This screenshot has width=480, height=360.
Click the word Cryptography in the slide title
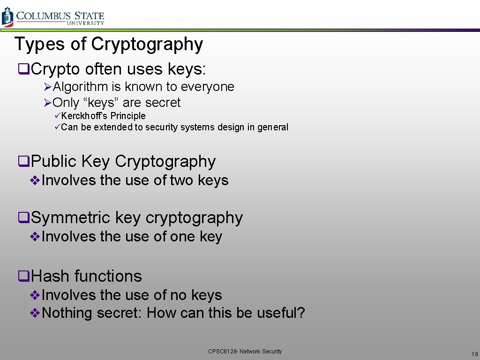[x=147, y=44]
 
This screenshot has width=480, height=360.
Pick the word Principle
[x=128, y=116]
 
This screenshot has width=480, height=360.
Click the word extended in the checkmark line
[x=113, y=127]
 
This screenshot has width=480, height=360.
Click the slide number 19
[x=474, y=354]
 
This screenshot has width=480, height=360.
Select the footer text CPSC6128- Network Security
[x=245, y=351]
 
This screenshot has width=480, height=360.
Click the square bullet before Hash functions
[x=22, y=277]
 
